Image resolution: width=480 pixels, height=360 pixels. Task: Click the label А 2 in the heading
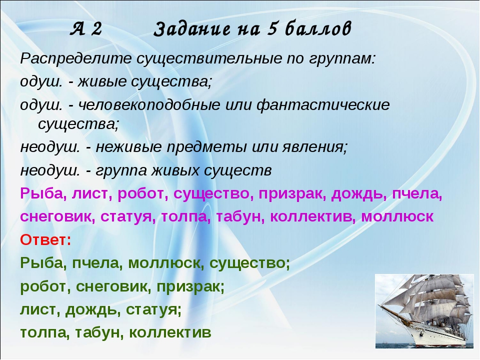[x=86, y=29]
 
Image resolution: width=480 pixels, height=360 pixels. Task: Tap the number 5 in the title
[x=273, y=29]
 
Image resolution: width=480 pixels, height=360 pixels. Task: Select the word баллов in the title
[x=318, y=29]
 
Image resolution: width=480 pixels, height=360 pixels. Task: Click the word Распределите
[x=76, y=58]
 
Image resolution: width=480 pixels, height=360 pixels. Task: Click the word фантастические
[x=323, y=105]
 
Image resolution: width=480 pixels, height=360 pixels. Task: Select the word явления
[x=315, y=147]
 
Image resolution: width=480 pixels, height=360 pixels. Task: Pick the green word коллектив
[x=170, y=332]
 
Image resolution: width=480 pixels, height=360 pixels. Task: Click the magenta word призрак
[x=291, y=193]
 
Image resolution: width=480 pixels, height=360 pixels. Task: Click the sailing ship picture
[x=424, y=311]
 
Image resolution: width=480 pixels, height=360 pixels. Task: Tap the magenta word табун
[x=241, y=216]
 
